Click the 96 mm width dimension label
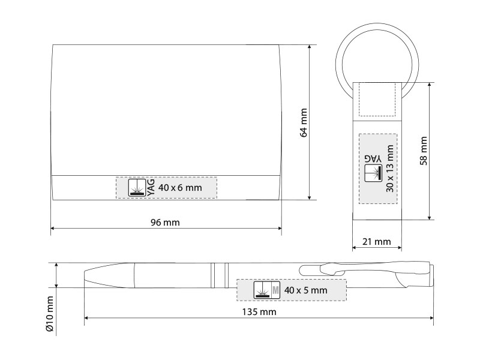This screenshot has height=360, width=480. (x=165, y=223)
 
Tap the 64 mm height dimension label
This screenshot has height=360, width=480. (x=304, y=122)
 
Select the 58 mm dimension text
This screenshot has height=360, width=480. (x=424, y=151)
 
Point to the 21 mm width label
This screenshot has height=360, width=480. (x=377, y=242)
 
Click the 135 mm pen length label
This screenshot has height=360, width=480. (x=259, y=312)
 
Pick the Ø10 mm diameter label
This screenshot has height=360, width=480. (x=50, y=313)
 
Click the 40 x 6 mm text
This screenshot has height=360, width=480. (x=180, y=187)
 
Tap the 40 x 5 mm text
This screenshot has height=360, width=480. (x=305, y=290)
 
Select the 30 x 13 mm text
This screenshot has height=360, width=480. (x=389, y=169)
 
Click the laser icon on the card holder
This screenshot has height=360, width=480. (x=137, y=187)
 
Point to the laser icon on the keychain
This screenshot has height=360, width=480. (x=373, y=173)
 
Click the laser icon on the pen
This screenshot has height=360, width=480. (x=262, y=290)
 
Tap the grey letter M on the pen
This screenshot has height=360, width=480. (x=275, y=290)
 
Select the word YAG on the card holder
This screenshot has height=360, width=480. (x=151, y=187)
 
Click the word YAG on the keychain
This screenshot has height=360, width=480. (x=373, y=159)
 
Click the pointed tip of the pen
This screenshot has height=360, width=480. (x=85, y=275)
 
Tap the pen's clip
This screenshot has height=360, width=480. (x=361, y=269)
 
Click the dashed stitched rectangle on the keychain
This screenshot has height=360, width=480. (x=377, y=100)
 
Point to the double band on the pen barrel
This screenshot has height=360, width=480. (x=220, y=275)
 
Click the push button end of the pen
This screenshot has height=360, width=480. (x=431, y=275)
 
